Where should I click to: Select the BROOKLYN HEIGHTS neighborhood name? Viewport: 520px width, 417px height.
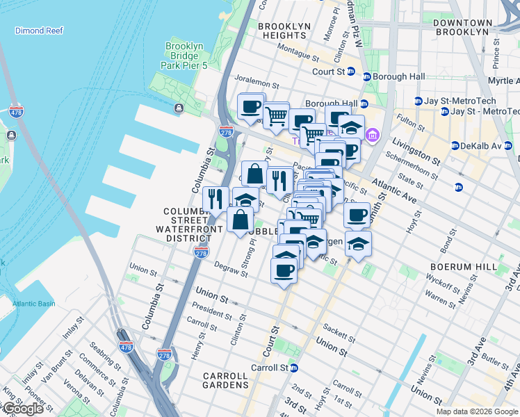(284, 31)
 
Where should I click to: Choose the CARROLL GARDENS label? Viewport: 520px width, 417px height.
(226, 379)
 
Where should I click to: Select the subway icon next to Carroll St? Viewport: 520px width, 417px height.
(295, 368)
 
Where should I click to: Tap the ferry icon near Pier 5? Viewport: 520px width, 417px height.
(179, 108)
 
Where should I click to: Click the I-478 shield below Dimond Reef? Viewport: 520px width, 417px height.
(16, 111)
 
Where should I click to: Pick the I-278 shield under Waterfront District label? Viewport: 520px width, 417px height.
(202, 252)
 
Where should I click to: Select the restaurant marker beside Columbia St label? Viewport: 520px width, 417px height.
(216, 199)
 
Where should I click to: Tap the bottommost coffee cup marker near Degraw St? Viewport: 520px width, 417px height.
(283, 270)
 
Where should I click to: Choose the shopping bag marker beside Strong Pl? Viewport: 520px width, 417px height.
(240, 219)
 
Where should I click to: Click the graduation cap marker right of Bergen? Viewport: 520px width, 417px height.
(358, 244)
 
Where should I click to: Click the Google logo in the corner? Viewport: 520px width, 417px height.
(23, 409)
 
